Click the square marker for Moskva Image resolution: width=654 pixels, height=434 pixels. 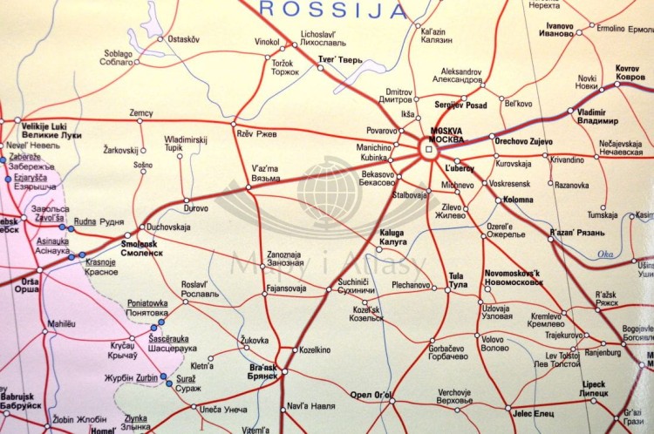(x=428, y=150)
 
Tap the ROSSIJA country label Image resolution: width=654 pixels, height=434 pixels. (x=335, y=10)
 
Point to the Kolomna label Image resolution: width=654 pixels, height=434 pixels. (x=516, y=200)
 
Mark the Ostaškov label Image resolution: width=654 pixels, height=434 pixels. (x=183, y=39)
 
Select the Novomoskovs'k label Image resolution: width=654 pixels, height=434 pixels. (x=513, y=278)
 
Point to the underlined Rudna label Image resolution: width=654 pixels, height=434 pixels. (x=84, y=220)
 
